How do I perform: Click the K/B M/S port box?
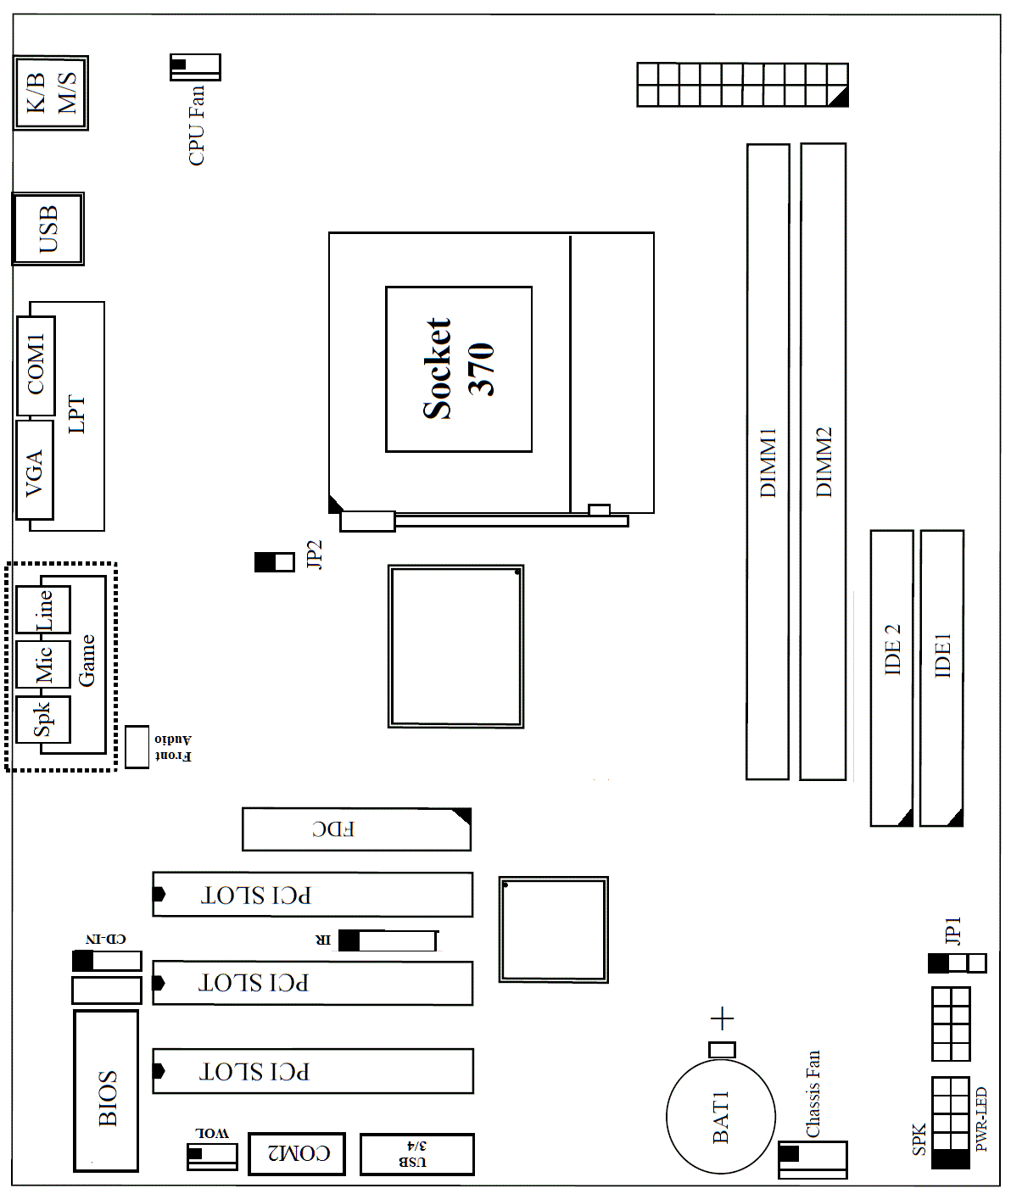coord(51,92)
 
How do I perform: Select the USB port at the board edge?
coord(48,229)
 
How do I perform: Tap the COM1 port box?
coord(36,365)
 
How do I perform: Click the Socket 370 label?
coord(458,369)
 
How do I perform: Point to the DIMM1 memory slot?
coord(768,461)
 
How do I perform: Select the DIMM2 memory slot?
coord(823,461)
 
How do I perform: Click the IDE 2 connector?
coord(891,678)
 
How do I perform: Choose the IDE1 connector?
coord(941,678)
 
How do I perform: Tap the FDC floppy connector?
coord(356,829)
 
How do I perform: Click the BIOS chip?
coord(107,1091)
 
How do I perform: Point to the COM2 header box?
coord(297,1153)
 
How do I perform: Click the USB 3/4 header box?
coord(416,1154)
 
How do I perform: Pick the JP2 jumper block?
coord(275,561)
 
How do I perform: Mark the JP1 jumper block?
coord(957,963)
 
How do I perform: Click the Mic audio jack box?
coord(42,664)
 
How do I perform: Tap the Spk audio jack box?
coord(42,719)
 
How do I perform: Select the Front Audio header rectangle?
coord(137,747)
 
